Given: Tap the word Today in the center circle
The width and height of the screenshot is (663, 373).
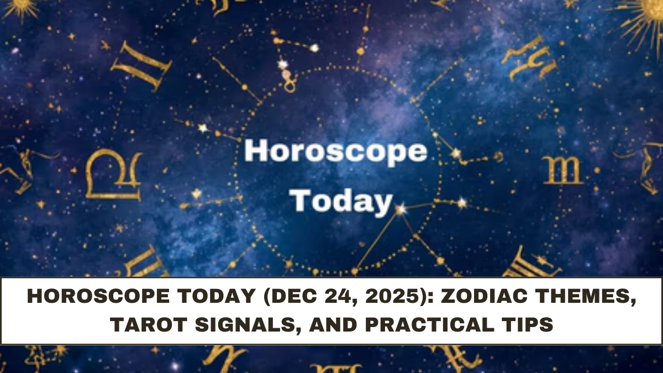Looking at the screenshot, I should coord(341,201).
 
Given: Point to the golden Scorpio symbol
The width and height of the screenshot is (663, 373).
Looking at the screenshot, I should coord(562,170).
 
